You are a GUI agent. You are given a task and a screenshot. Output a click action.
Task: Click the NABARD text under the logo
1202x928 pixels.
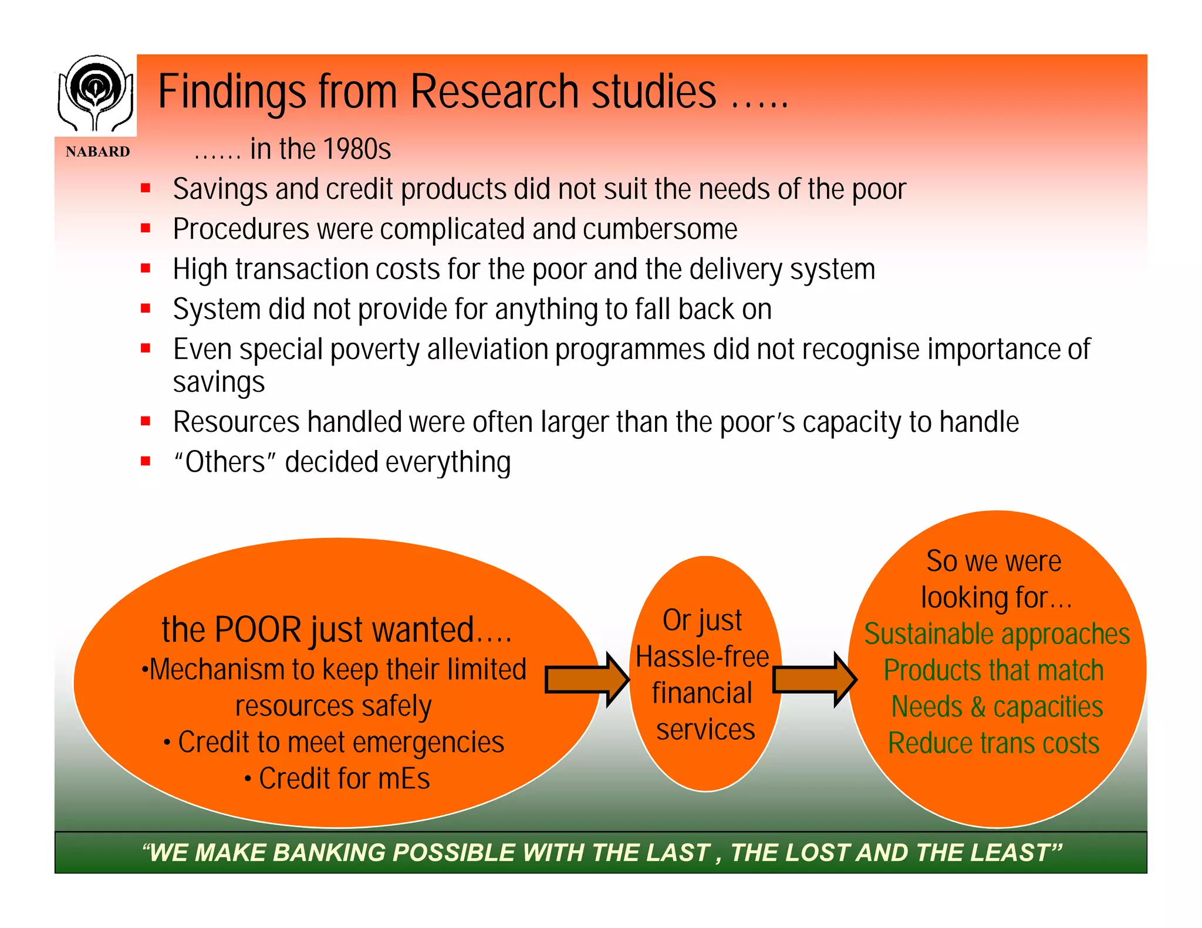point(97,152)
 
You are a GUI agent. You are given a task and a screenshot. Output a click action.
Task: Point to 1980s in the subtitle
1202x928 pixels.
point(356,149)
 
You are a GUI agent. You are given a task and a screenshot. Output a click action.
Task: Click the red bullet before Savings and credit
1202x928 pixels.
point(146,188)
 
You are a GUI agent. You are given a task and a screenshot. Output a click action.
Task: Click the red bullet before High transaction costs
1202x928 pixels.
point(146,269)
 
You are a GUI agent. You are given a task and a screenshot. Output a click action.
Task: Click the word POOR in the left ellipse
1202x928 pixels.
point(258,630)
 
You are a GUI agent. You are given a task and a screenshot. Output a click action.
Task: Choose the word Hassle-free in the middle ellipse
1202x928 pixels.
point(702,657)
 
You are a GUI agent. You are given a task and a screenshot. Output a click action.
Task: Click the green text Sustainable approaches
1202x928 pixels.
point(997,635)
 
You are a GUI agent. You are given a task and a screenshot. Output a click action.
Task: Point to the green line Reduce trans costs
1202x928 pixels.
point(993,744)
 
